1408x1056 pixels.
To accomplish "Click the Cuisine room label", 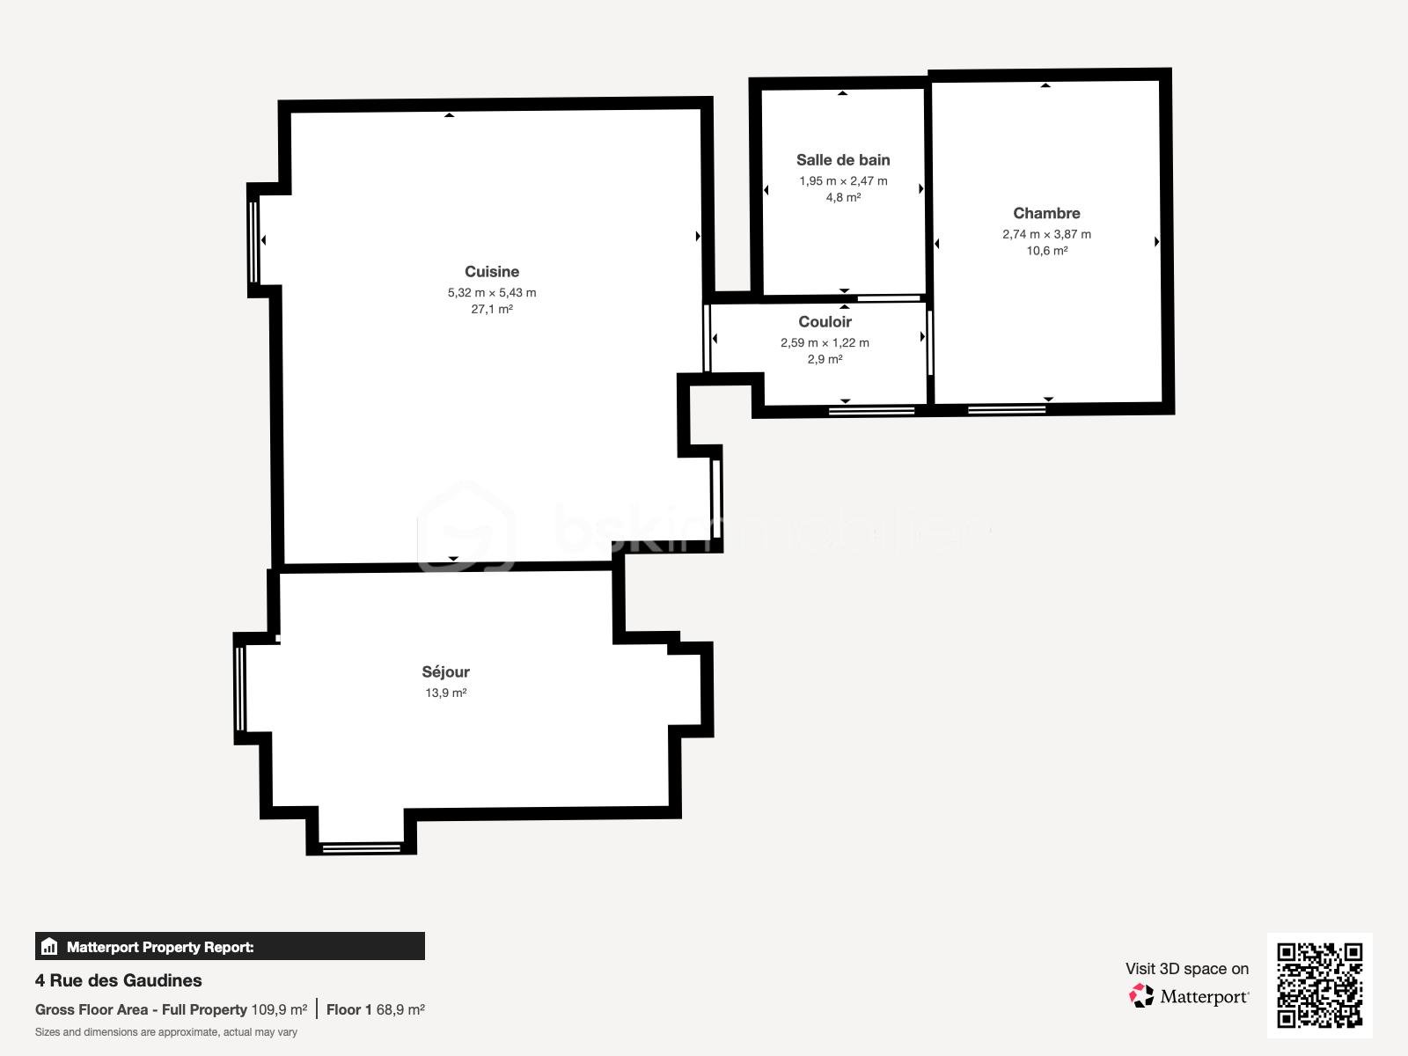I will click(492, 272).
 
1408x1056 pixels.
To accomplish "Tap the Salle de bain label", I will click(843, 160).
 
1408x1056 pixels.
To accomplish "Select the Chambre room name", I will click(1046, 213).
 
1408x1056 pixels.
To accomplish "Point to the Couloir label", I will click(825, 322).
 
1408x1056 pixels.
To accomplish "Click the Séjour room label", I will click(445, 672).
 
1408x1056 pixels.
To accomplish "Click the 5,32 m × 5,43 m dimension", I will click(492, 293).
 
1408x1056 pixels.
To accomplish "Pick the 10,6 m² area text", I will click(1046, 251).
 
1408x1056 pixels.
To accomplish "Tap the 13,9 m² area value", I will click(445, 693).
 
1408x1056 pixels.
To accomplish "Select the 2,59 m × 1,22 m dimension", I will click(825, 343).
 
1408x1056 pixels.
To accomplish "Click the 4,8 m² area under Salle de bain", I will click(843, 198).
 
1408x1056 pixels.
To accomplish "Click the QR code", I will click(1319, 985).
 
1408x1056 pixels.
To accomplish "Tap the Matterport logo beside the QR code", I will click(1188, 996).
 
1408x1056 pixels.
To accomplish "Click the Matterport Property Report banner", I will click(230, 947).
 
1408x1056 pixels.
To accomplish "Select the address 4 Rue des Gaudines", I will click(119, 980).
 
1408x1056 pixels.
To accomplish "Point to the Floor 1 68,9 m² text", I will click(376, 1009).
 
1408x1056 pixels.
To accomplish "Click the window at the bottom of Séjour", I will click(361, 848).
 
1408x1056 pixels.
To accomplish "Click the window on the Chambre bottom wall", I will click(1007, 408).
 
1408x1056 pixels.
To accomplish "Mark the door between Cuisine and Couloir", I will click(707, 338).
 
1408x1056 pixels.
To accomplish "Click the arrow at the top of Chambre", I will click(1045, 85).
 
